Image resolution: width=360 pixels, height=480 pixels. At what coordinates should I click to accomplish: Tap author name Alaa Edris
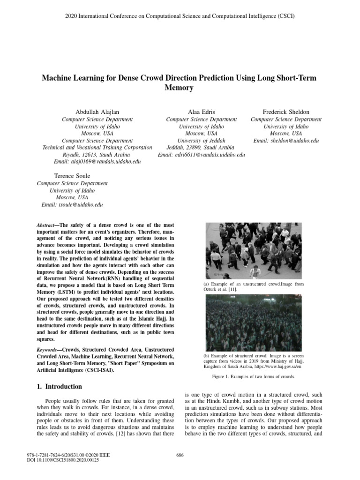tap(201, 112)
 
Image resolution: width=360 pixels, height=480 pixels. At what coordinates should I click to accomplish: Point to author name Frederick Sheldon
tap(286, 112)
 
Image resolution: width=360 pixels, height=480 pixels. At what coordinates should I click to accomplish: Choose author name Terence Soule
tap(72, 176)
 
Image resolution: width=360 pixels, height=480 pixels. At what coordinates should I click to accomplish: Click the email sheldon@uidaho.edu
tap(286, 141)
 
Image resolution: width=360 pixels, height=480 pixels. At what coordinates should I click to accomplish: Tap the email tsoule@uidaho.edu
tap(72, 205)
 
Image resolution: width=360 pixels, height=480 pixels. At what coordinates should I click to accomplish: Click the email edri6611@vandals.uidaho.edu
tap(202, 155)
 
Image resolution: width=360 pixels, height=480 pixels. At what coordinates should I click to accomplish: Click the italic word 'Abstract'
tap(45, 225)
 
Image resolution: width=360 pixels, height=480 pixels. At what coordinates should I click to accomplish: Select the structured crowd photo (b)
tap(254, 325)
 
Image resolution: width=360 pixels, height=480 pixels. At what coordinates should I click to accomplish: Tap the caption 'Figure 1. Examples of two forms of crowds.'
tap(255, 377)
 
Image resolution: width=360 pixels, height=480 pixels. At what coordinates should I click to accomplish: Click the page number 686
tap(180, 455)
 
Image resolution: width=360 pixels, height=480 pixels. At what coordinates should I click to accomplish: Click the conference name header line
tap(180, 15)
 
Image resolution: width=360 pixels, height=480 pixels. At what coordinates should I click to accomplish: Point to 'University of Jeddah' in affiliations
tap(201, 141)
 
